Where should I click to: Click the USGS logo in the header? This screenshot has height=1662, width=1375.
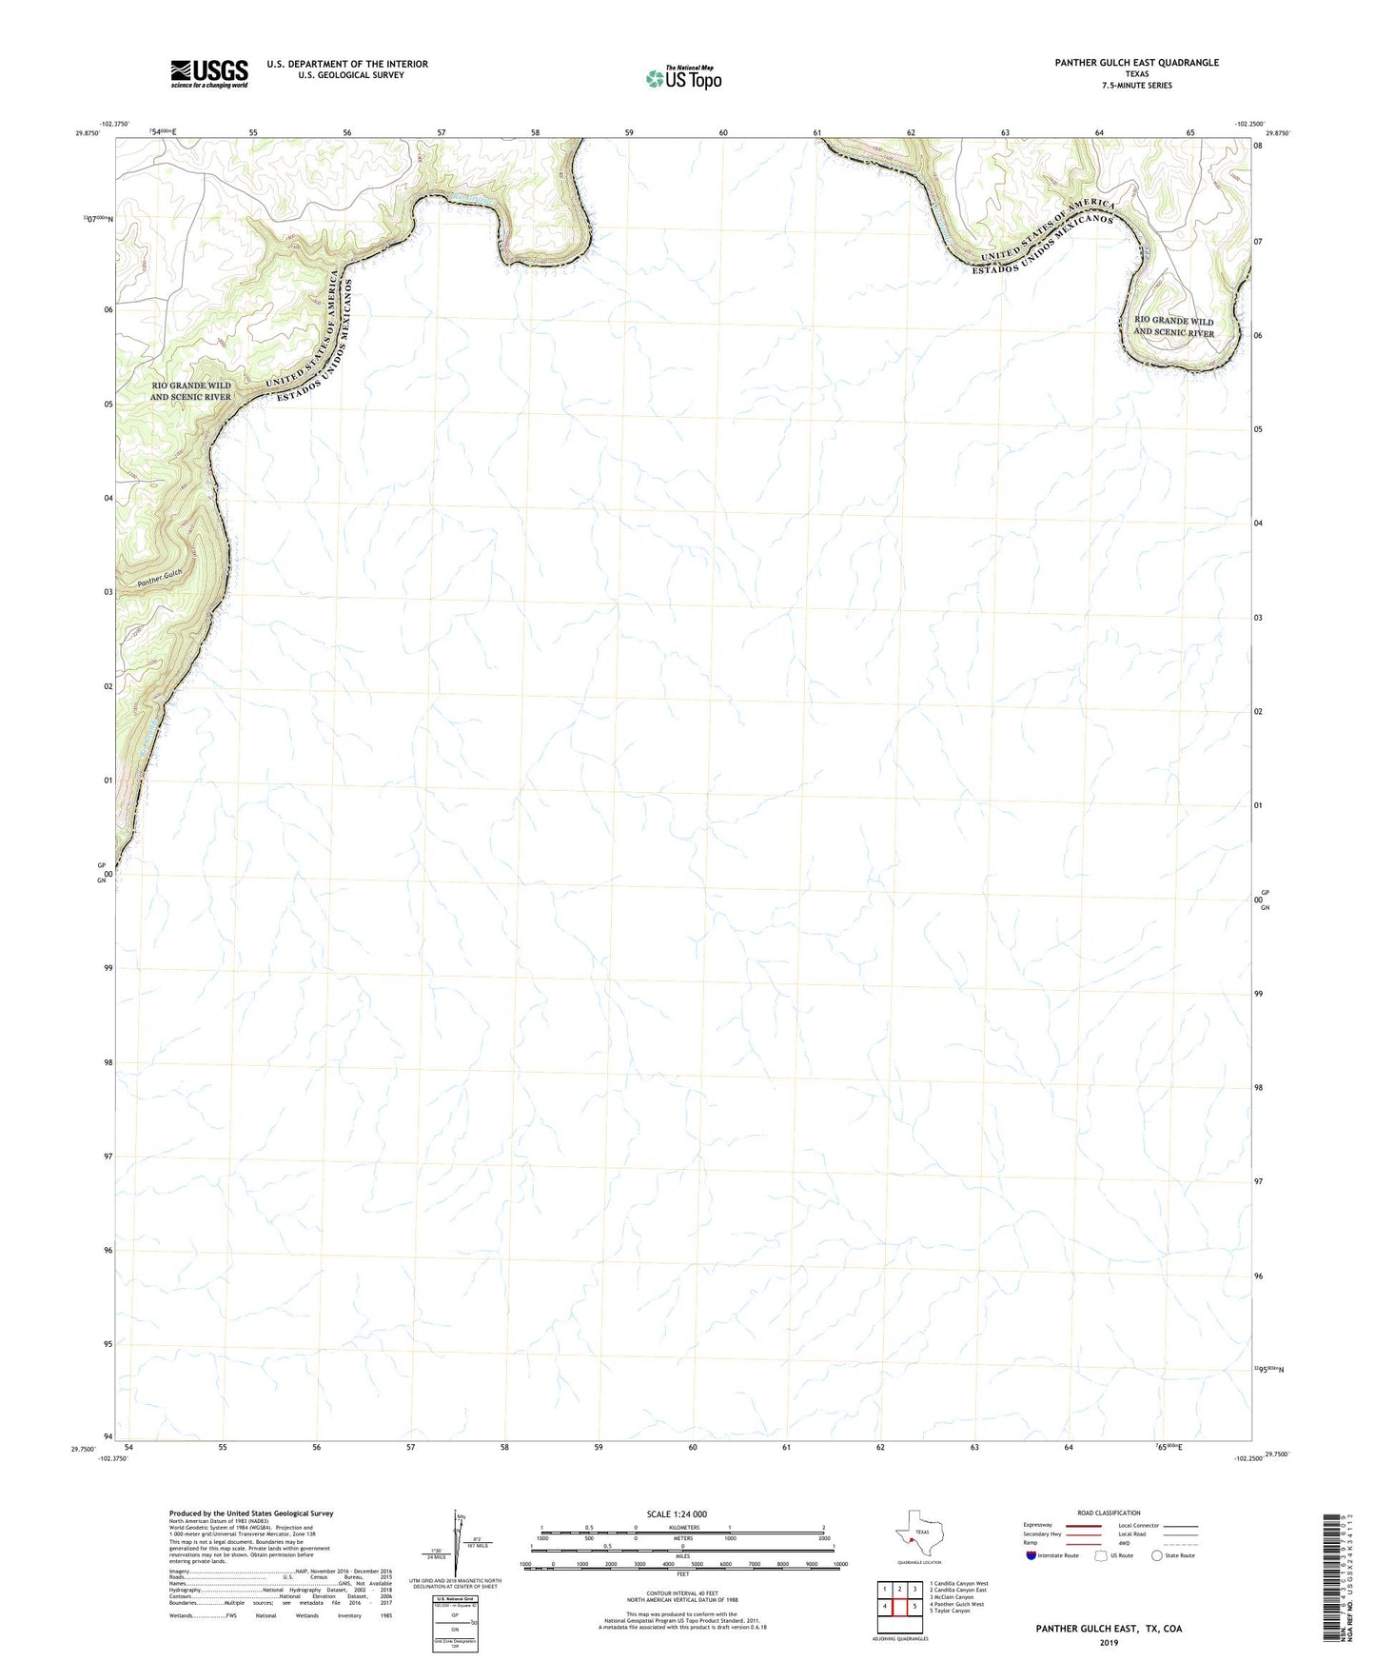209,73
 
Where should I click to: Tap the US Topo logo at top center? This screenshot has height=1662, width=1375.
683,78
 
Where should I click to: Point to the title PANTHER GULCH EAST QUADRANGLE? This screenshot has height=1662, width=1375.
1136,63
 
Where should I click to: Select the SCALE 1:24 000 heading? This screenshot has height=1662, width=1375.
676,1514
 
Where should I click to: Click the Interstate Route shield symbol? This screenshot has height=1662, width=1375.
1032,1555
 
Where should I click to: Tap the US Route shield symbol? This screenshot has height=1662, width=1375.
1103,1555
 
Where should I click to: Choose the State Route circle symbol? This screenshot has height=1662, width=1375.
1157,1555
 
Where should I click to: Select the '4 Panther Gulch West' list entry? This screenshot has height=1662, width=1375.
958,1604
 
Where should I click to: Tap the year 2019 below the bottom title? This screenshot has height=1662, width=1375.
1109,1642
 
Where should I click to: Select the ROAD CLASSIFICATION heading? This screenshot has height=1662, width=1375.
1109,1514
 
